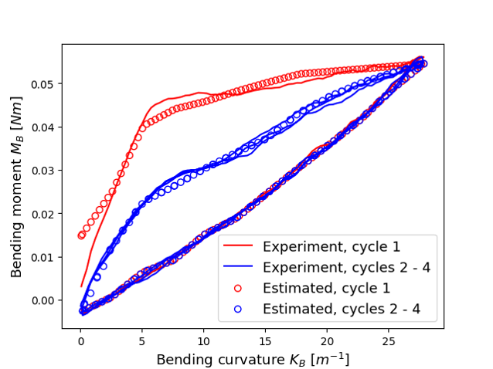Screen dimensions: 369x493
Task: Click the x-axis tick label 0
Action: tap(80, 340)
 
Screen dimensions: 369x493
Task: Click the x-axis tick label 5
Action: tap(142, 340)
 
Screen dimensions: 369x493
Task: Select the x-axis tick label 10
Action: tap(204, 340)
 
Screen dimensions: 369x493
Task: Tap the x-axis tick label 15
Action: tap(266, 340)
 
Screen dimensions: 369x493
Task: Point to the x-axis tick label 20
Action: tap(328, 340)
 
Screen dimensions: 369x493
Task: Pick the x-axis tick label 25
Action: tap(389, 340)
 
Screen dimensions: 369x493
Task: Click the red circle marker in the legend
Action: tap(238, 289)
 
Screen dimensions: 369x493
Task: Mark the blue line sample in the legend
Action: tap(238, 268)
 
